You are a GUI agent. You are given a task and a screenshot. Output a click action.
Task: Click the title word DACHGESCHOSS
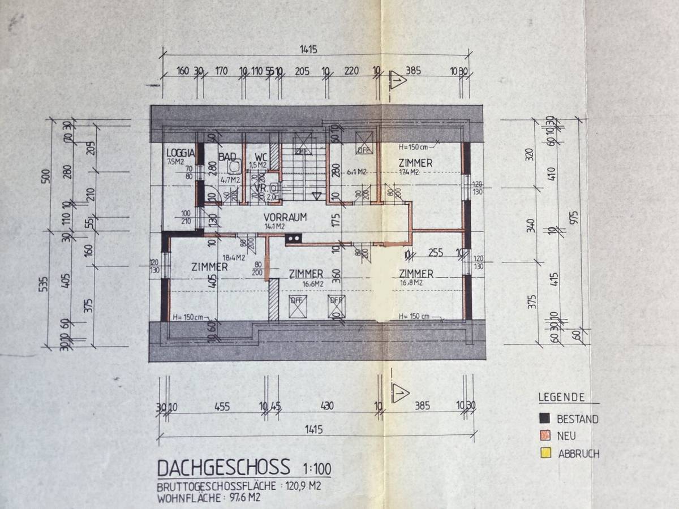click(x=224, y=468)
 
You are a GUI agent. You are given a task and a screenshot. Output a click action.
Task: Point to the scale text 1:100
click(x=317, y=469)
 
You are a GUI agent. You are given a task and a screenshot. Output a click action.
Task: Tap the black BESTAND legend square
click(x=545, y=419)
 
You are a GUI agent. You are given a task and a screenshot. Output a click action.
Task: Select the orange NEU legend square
click(x=545, y=435)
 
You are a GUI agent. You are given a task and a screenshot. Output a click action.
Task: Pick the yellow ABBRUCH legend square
click(x=545, y=452)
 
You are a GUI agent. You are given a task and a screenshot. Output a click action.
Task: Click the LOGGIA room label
click(x=181, y=153)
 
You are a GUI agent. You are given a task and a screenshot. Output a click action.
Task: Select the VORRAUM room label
click(x=285, y=217)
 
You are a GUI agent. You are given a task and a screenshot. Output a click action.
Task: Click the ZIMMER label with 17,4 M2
click(x=415, y=163)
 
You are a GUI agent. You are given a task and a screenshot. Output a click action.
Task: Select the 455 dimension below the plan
click(x=222, y=406)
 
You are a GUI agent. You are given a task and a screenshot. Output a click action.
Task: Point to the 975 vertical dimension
click(x=576, y=218)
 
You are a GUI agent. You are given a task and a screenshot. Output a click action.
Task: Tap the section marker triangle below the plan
click(x=400, y=391)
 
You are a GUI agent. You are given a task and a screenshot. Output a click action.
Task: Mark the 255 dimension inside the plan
click(x=436, y=253)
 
